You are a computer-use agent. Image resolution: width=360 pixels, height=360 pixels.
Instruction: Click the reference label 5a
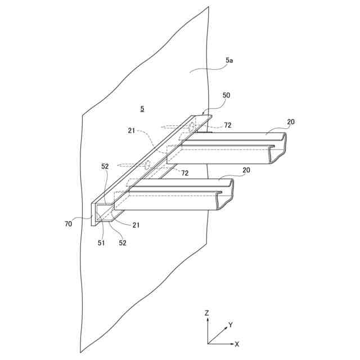(230, 60)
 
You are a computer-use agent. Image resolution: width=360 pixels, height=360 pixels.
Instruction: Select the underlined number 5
(142, 108)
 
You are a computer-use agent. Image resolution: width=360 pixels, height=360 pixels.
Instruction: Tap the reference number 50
(226, 96)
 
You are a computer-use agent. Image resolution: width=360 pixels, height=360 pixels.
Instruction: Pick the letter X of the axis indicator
(237, 343)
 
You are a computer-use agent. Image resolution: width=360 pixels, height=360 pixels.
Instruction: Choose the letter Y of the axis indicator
(230, 325)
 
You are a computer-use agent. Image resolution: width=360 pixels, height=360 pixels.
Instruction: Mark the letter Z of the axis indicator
(208, 312)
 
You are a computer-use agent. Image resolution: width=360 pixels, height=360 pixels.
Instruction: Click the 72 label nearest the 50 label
(228, 125)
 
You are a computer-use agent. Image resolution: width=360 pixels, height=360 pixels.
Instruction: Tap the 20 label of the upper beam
(291, 121)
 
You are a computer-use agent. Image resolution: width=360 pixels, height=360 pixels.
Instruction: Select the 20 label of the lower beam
(246, 169)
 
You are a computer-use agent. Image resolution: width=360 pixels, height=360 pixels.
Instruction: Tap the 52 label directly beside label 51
(123, 243)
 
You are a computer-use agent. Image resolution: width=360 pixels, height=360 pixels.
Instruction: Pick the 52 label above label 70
(105, 166)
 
